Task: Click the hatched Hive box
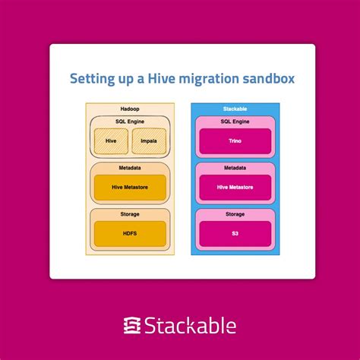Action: pos(110,140)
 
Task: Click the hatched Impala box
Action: pos(149,140)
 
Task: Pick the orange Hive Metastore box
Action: pos(130,187)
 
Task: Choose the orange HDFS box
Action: pos(130,234)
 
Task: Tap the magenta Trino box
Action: pos(234,141)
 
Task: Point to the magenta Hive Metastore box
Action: pos(234,187)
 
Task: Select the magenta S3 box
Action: pos(234,234)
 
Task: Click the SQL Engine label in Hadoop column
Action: pos(130,122)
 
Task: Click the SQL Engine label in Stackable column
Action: pos(234,121)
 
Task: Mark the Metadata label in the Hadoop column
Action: pos(130,168)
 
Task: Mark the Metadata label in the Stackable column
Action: pos(234,168)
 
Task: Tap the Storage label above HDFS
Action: pos(130,215)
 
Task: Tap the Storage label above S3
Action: pos(234,215)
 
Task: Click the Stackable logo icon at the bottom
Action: pos(131,325)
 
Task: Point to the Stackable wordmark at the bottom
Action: pos(191,325)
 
